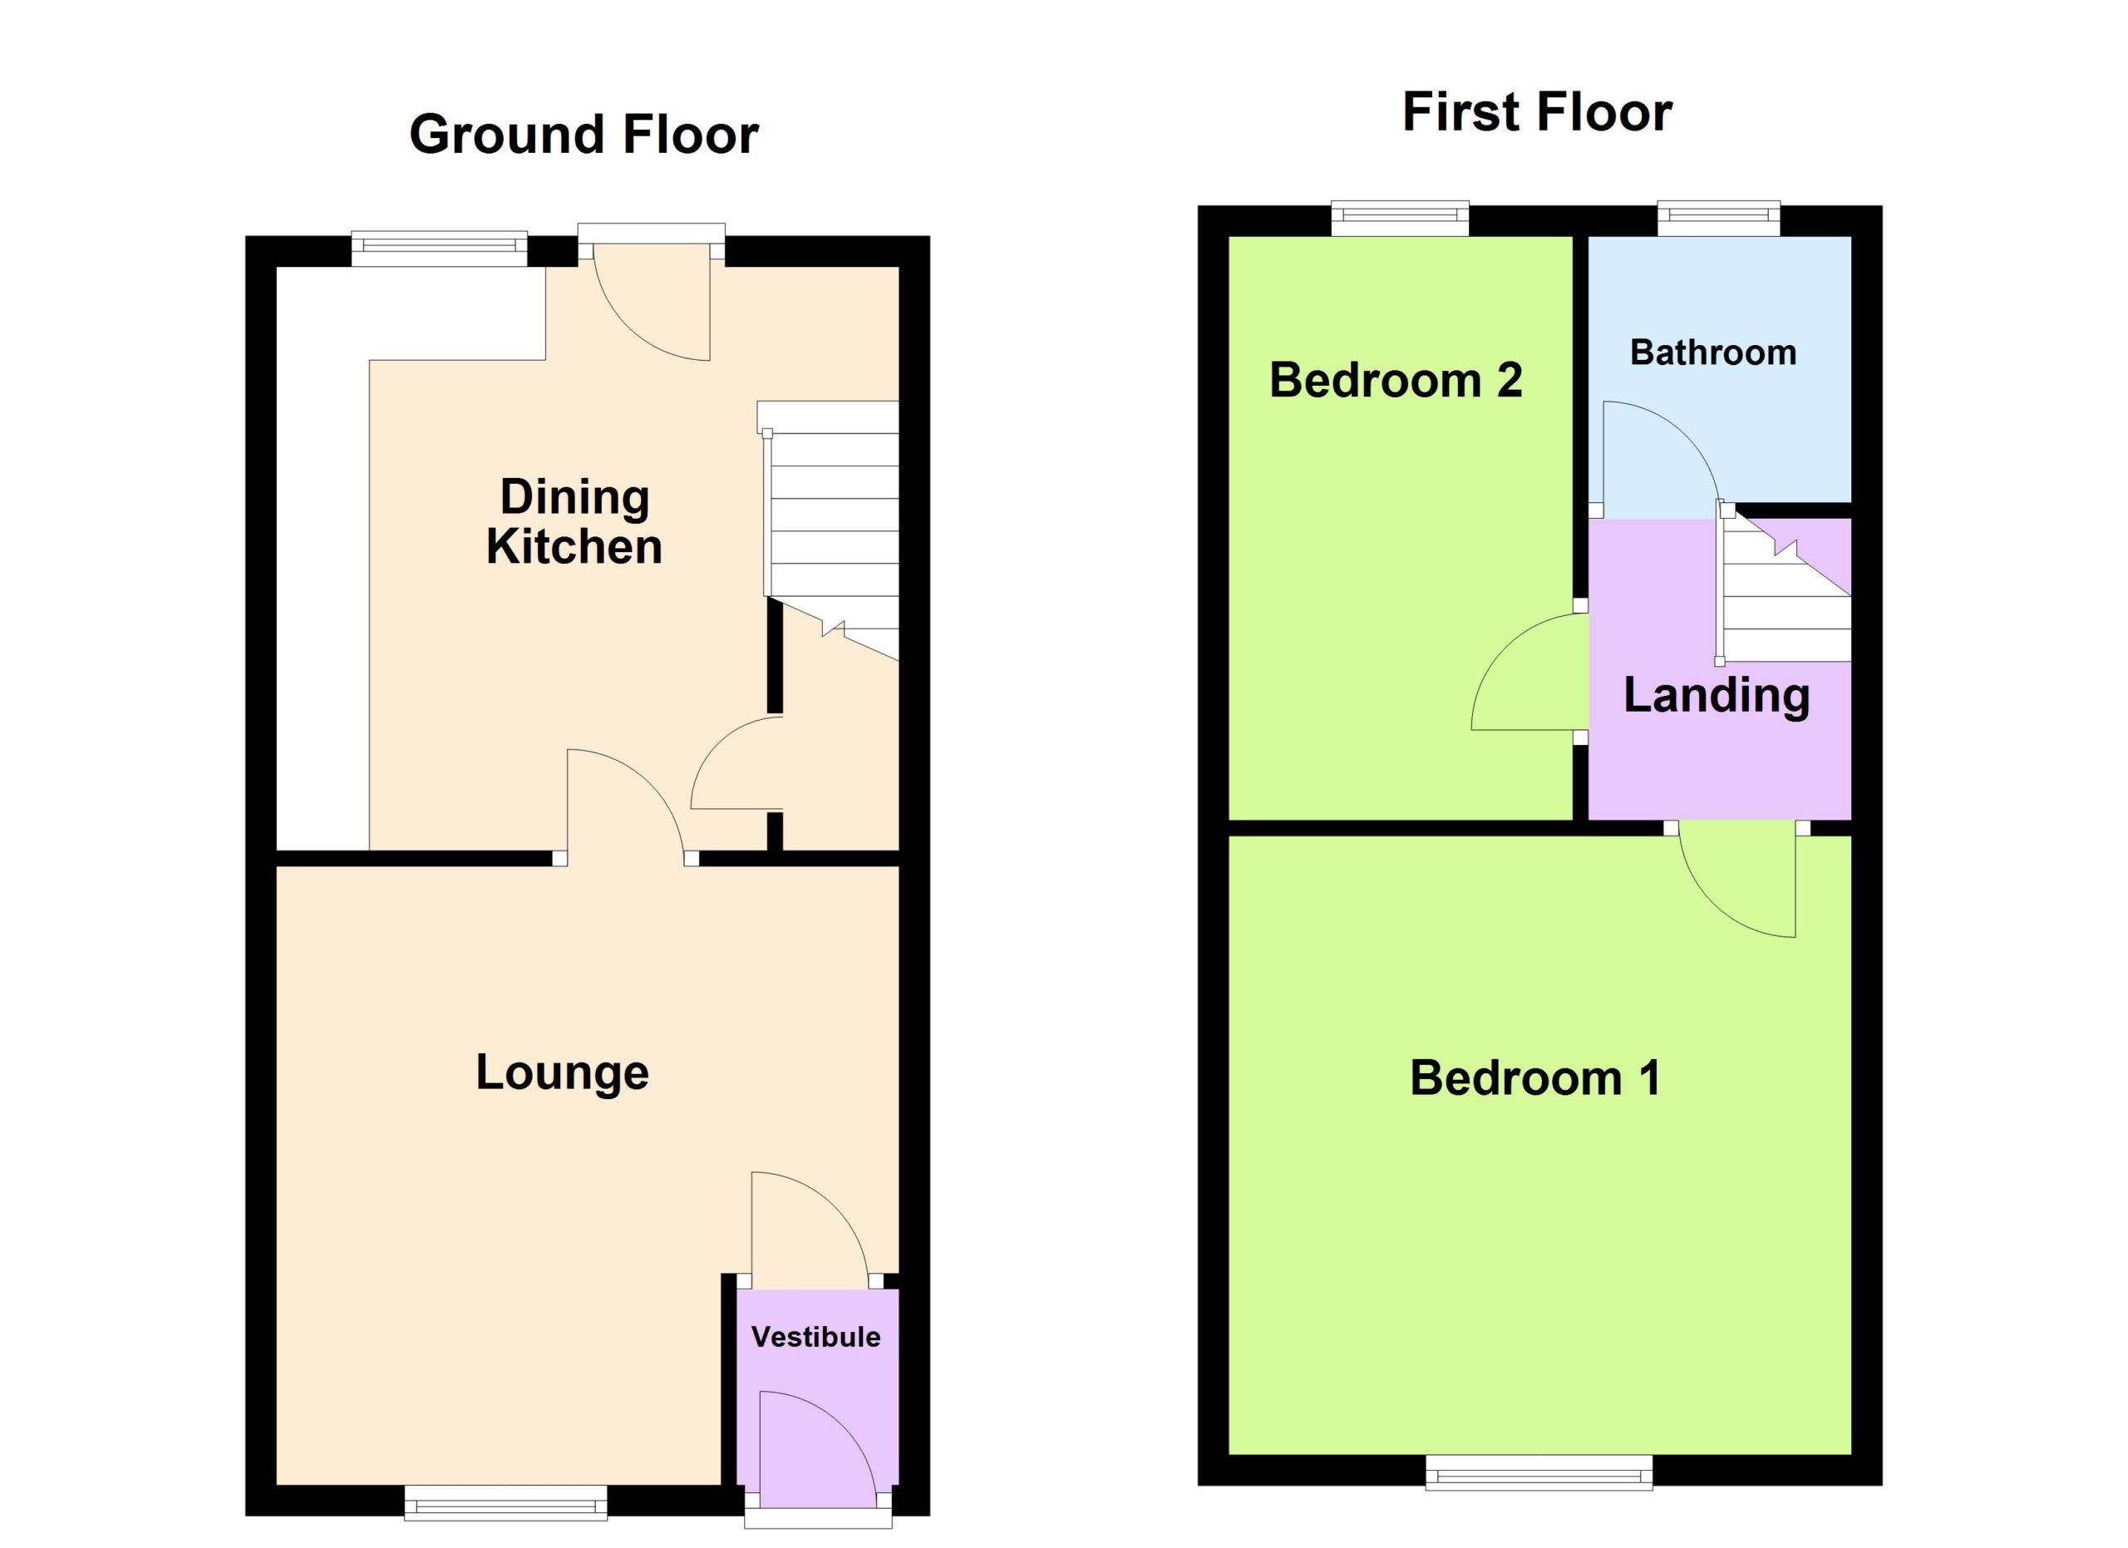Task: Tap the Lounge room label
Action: click(x=562, y=1073)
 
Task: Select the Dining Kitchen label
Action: click(x=574, y=521)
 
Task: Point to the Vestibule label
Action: click(x=816, y=1337)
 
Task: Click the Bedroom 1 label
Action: click(x=1535, y=1078)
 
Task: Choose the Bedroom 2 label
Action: click(x=1395, y=380)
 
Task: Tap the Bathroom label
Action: click(x=1713, y=352)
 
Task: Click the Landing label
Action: click(x=1716, y=696)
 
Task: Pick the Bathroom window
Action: click(x=1719, y=219)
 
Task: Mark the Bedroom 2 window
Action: click(x=1400, y=219)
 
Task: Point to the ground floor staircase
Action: click(x=830, y=530)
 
